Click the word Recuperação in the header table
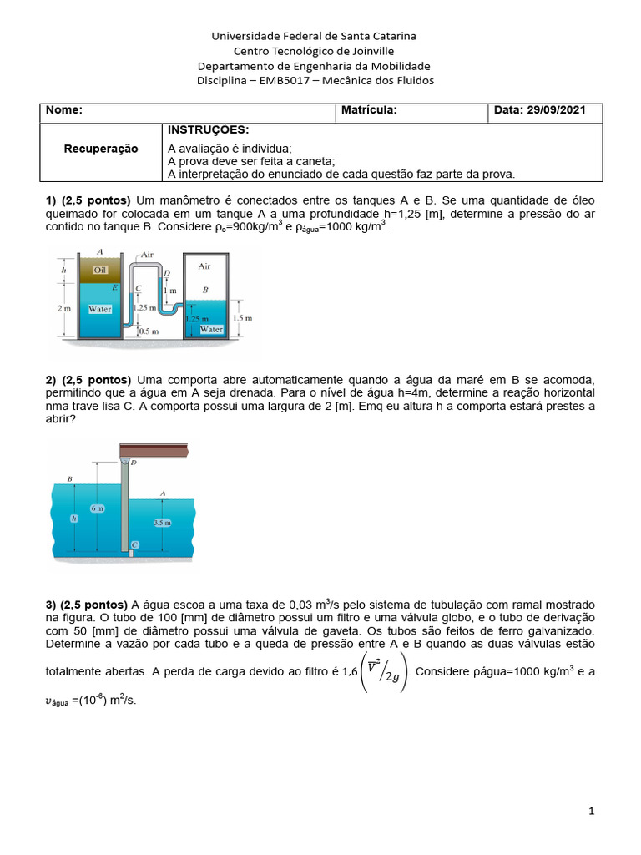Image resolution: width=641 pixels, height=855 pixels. (101, 148)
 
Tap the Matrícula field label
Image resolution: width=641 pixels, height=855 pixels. (369, 110)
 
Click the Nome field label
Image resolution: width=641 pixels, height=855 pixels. (63, 110)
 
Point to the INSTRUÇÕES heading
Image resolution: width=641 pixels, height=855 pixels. (208, 129)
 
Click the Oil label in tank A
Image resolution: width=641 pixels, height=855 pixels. (101, 269)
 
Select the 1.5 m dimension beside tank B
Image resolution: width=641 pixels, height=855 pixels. (242, 318)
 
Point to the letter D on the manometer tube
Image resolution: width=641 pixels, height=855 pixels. (167, 272)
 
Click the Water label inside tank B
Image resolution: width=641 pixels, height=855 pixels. (211, 329)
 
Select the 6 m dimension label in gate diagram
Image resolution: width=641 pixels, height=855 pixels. (98, 508)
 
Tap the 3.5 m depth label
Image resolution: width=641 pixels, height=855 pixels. (163, 523)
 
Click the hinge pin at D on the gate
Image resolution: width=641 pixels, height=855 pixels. (125, 461)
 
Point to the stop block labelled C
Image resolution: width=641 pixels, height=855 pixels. (133, 545)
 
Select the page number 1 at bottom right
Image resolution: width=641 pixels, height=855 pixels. (592, 811)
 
